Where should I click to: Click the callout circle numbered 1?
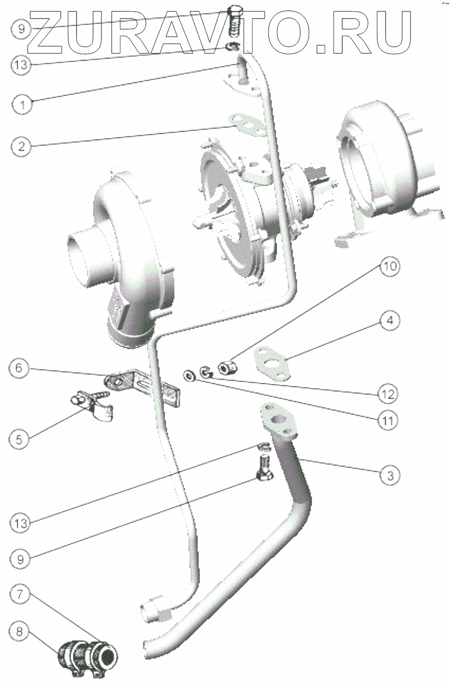click(21, 103)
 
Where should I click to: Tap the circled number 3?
click(390, 475)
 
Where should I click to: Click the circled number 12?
click(389, 393)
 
